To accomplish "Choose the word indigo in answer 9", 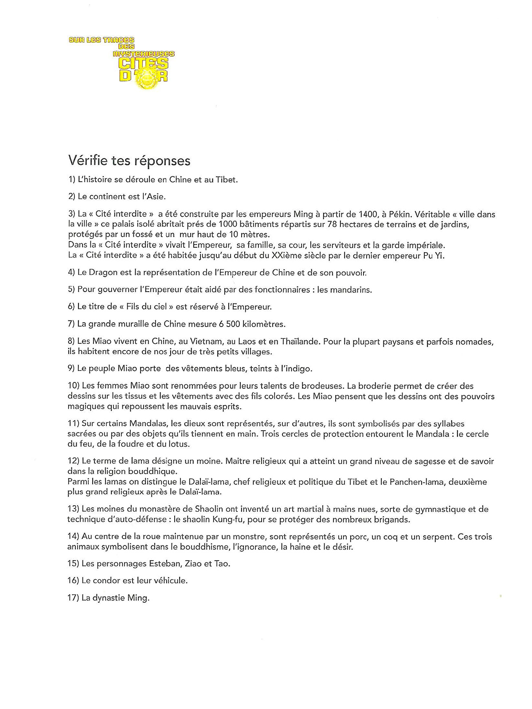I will [x=299, y=368].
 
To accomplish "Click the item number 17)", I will [x=73, y=598].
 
